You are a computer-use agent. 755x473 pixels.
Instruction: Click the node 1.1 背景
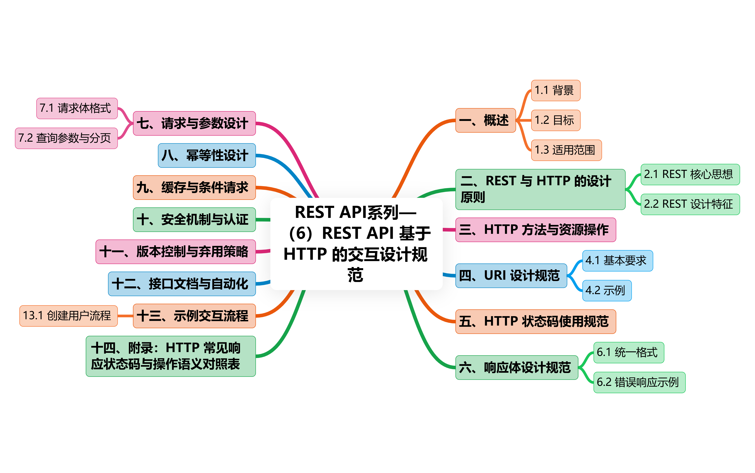[x=555, y=90]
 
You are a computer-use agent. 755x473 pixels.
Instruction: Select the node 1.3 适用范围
[x=566, y=150]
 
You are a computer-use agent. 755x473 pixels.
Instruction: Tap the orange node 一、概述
[x=485, y=120]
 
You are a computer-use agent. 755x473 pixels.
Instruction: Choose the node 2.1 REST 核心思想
[x=690, y=174]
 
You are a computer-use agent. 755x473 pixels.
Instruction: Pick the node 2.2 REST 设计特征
[x=690, y=204]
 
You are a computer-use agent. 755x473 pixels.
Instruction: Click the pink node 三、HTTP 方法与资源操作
[x=535, y=230]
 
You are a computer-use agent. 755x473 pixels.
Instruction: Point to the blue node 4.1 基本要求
[x=617, y=260]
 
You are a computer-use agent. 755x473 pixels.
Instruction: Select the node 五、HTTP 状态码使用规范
[x=535, y=322]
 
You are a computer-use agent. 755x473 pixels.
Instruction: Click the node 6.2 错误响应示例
[x=639, y=382]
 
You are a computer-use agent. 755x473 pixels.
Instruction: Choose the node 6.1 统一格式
[x=628, y=353]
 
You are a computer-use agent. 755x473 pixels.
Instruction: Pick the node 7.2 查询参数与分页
[x=66, y=138]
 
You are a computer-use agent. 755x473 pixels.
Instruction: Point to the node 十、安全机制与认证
[x=194, y=220]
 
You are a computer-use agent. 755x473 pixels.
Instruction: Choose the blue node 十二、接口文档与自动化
[x=182, y=284]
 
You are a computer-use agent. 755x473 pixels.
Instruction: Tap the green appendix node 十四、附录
[x=171, y=356]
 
